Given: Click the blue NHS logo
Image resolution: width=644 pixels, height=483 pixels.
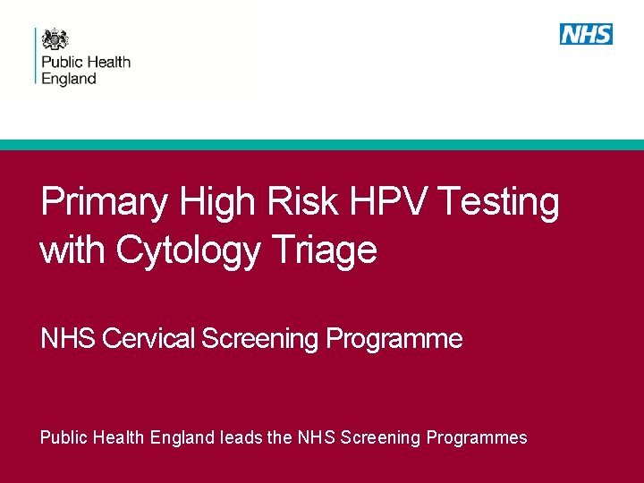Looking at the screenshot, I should coord(586,34).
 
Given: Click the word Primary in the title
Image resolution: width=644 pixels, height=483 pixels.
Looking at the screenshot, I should coord(104,203).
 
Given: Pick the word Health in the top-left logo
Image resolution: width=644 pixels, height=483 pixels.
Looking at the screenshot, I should coord(108,63).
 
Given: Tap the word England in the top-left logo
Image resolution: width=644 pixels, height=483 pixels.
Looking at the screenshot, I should coord(70,79).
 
